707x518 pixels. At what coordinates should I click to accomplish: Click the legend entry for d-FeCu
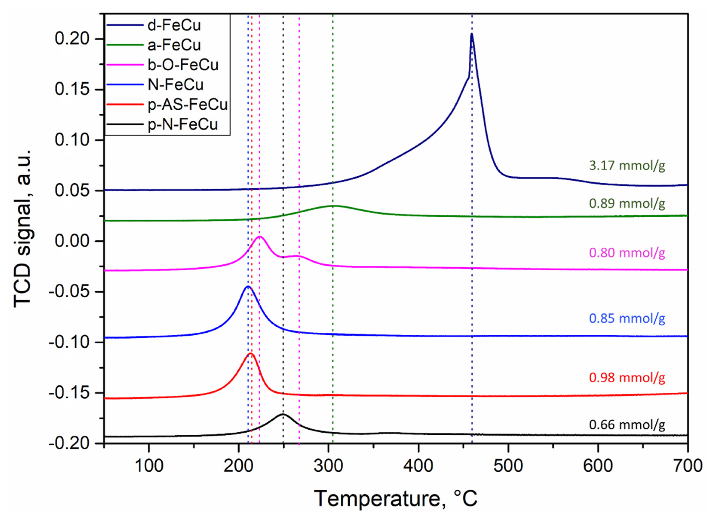coord(174,25)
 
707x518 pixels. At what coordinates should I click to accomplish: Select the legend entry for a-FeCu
coord(174,45)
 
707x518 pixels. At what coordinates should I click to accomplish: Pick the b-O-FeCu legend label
coord(183,65)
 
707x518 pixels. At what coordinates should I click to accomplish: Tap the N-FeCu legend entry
coord(175,85)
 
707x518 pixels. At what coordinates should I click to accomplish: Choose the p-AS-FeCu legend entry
coord(187,105)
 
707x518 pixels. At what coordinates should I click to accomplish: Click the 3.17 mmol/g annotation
coord(627,165)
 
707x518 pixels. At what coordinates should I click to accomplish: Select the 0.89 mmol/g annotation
coord(627,203)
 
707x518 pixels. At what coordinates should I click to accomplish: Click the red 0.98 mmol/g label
coord(627,377)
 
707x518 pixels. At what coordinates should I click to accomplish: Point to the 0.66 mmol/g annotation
coord(627,425)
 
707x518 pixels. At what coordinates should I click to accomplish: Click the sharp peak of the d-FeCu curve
coord(471,34)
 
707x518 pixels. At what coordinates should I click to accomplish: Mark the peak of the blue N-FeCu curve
coord(248,286)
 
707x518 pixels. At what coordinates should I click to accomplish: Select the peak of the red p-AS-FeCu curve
coord(251,353)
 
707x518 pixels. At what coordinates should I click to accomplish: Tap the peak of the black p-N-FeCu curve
coord(283,414)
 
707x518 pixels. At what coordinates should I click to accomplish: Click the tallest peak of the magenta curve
coord(260,236)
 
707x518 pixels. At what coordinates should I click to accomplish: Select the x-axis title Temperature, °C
coord(396,498)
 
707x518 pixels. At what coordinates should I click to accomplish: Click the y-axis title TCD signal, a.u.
coord(23,228)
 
